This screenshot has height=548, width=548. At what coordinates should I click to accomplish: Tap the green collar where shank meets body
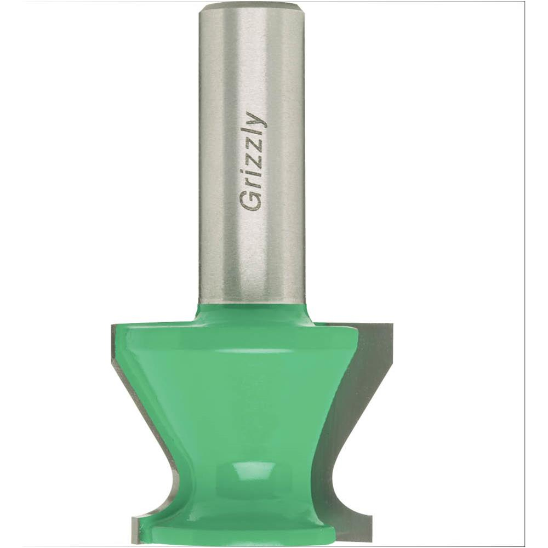(250, 313)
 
